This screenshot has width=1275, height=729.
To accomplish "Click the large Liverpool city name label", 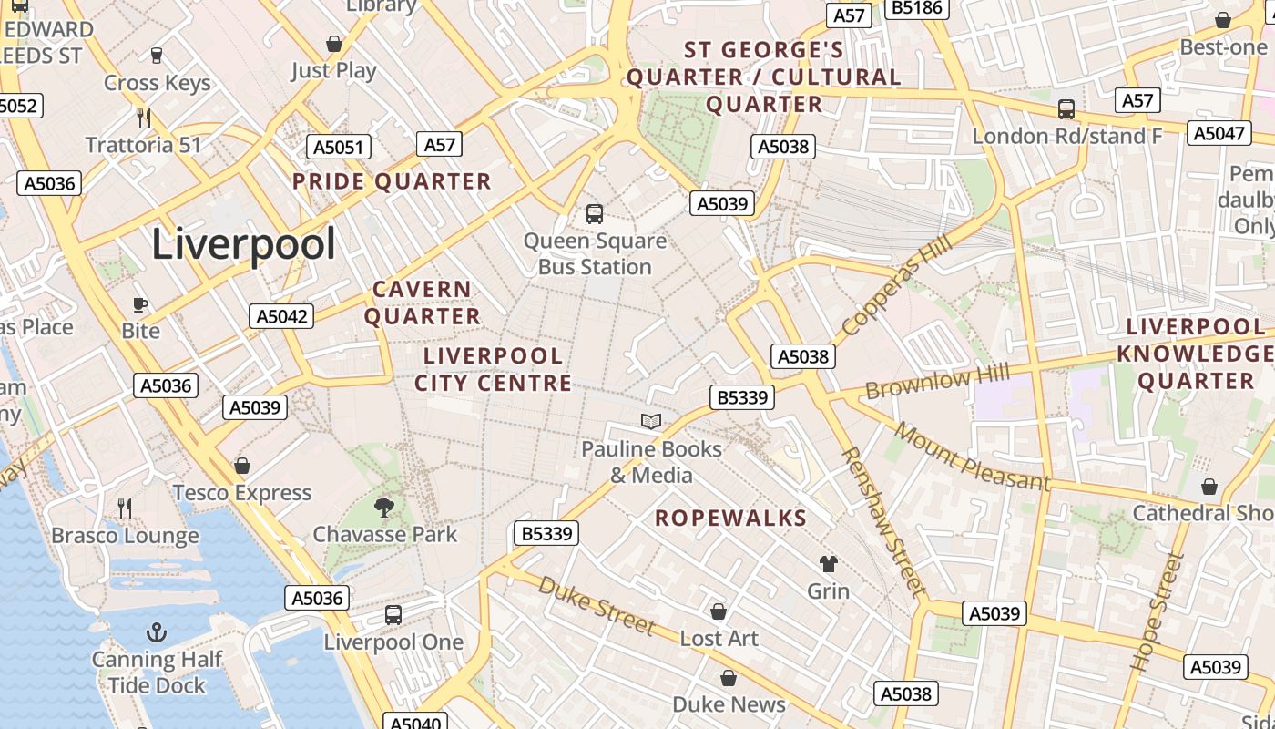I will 243,244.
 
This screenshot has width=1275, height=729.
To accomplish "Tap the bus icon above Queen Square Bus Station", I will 595,214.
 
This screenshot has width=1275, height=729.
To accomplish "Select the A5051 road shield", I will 339,148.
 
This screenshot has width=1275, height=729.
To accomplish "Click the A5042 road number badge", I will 281,316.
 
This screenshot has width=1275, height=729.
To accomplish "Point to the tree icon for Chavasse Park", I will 384,507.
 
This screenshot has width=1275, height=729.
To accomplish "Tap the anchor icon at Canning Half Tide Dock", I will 157,631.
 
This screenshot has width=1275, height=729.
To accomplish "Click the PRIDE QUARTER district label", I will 392,181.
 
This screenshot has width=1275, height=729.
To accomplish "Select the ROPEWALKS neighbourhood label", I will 731,519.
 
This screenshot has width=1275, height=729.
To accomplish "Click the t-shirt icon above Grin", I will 828,564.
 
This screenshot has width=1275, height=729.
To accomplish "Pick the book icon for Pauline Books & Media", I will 650,421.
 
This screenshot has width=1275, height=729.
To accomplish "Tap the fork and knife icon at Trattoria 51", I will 143,118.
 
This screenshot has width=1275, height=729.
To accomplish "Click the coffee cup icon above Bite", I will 140,304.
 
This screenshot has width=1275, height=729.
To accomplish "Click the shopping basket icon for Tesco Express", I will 242,467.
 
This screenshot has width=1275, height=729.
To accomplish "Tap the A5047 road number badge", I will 1219,134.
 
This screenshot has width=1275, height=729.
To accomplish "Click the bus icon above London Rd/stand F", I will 1066,109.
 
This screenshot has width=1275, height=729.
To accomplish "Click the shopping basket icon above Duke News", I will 729,678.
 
